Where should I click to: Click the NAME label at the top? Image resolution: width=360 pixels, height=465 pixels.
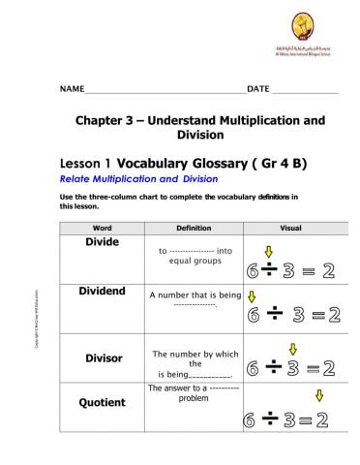72,89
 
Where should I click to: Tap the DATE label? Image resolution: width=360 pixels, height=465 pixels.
258,89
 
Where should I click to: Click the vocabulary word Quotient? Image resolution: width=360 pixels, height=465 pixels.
104,402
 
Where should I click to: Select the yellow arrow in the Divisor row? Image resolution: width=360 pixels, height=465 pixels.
293,350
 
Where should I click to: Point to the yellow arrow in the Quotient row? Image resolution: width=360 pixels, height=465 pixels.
319,395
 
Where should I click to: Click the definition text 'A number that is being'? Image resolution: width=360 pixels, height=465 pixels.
195,294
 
